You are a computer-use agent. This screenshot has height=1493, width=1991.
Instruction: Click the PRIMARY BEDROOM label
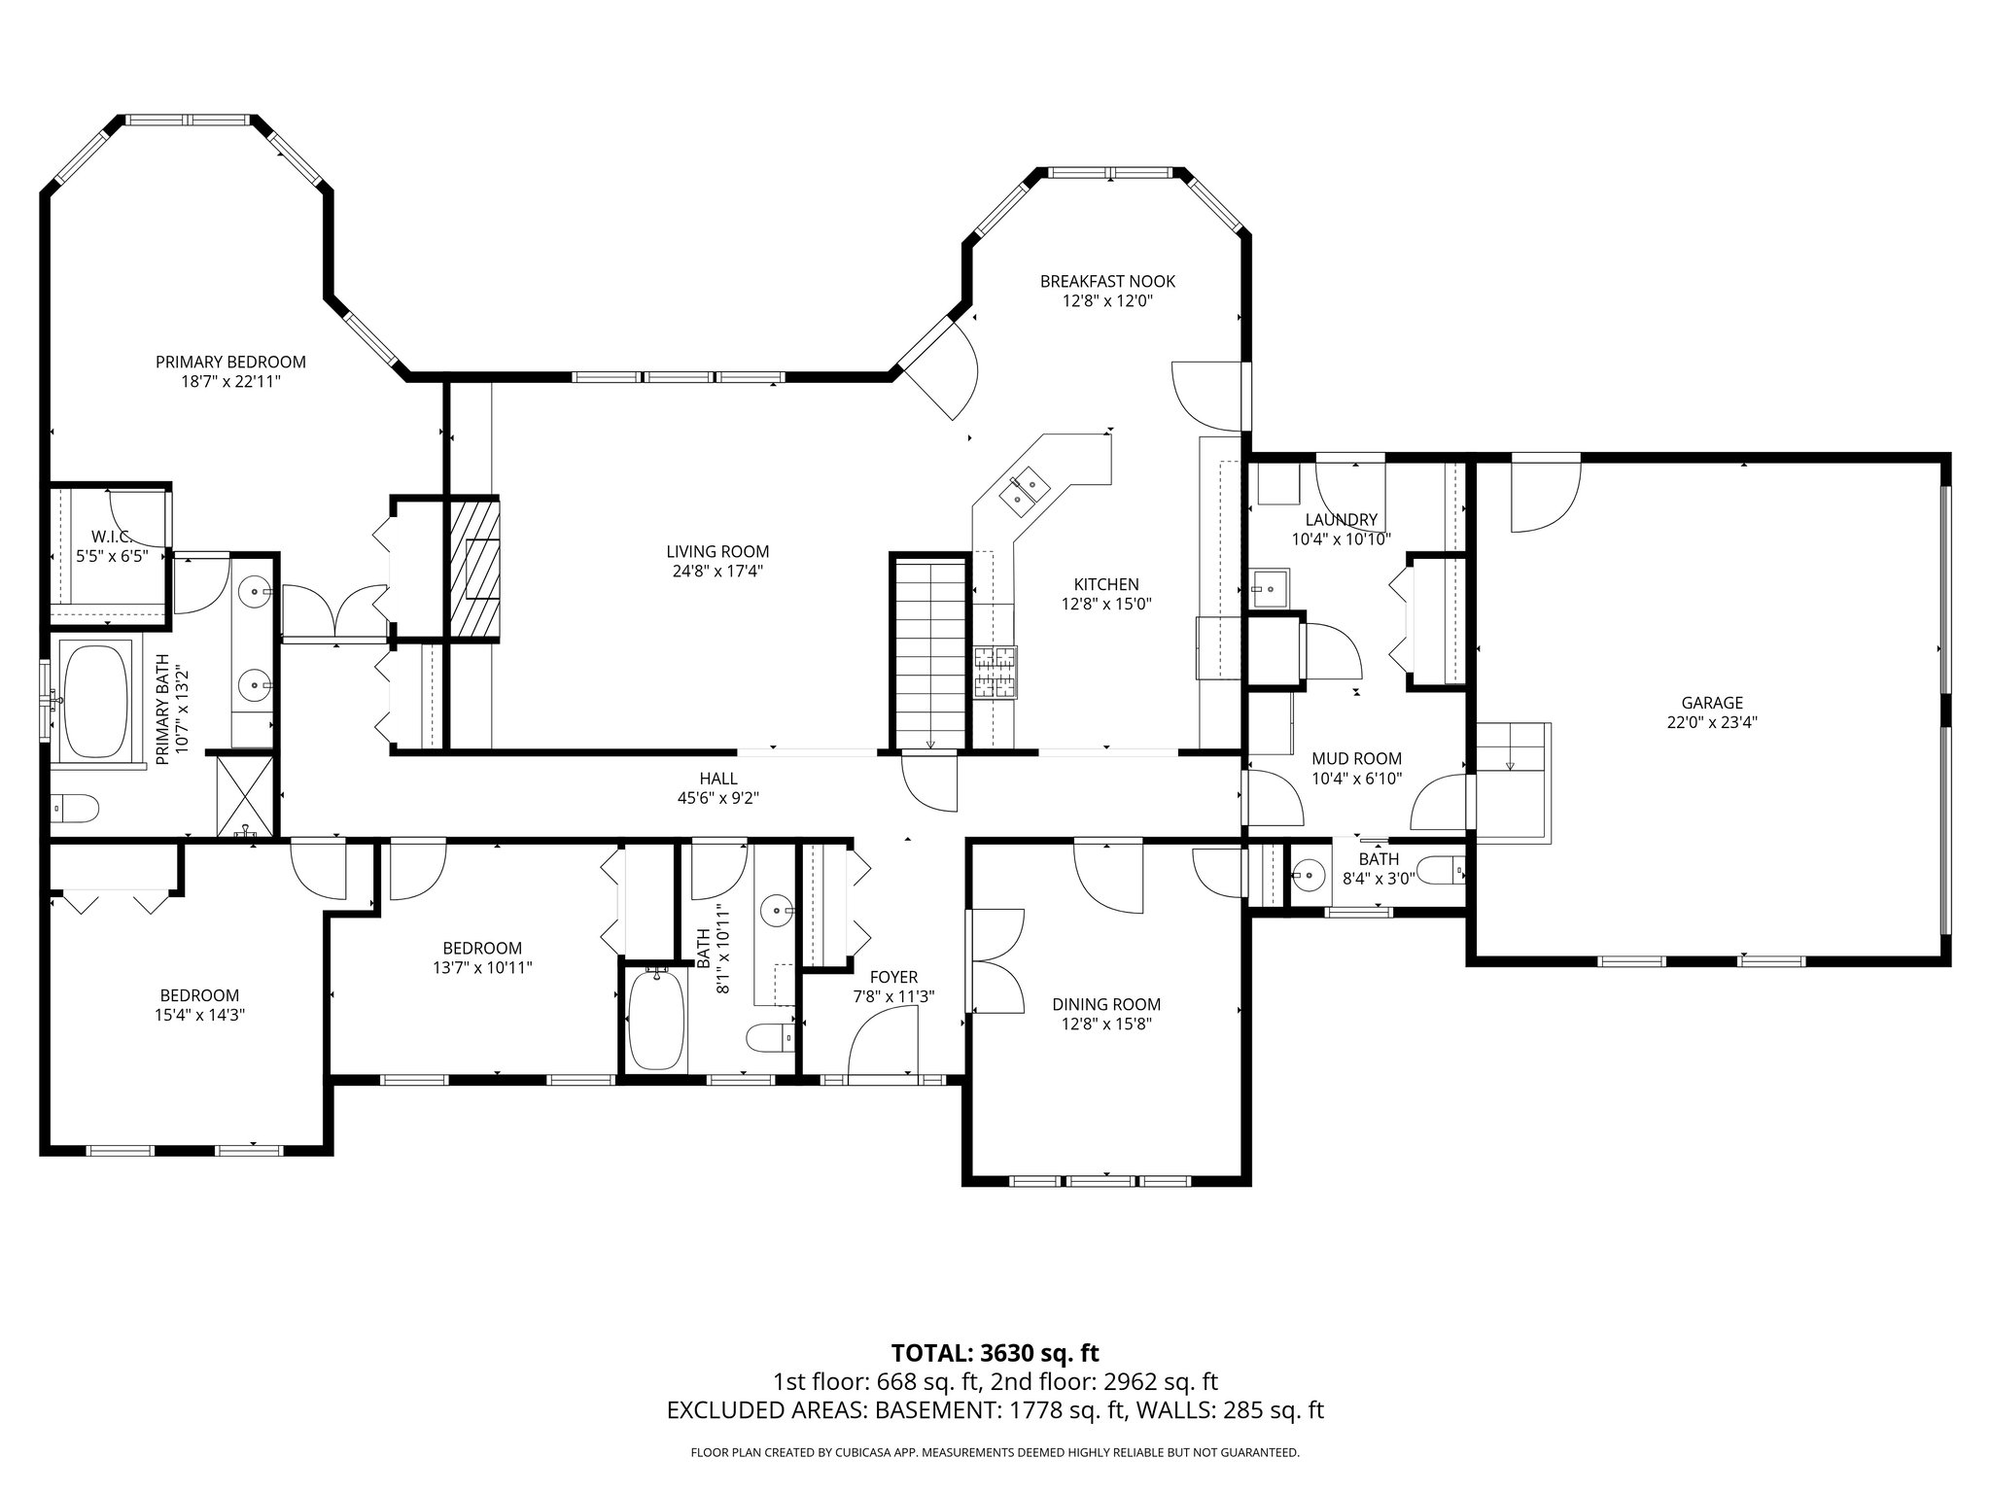point(230,362)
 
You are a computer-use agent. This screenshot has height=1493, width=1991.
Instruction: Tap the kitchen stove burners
point(995,671)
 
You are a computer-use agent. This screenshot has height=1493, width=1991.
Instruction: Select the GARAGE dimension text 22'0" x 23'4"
point(1711,722)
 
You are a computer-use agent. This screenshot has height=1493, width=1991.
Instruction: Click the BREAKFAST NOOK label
point(1107,281)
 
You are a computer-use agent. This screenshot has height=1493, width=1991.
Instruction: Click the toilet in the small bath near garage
point(1441,869)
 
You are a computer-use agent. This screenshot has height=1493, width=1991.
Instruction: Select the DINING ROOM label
point(1106,1004)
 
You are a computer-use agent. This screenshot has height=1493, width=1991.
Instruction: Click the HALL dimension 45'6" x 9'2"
point(718,798)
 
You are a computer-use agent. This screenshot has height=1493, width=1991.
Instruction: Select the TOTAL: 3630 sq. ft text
point(995,1352)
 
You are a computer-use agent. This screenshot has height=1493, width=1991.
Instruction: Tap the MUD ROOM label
point(1356,758)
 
